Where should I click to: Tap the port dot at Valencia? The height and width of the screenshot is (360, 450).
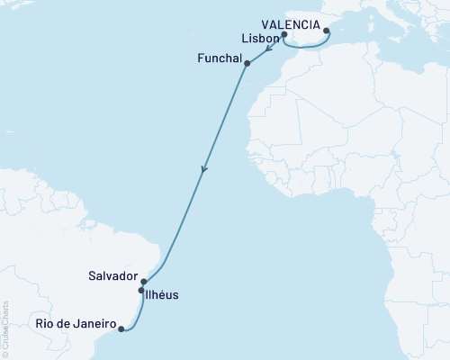coord(327,31)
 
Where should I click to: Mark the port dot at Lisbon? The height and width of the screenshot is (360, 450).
coord(284,35)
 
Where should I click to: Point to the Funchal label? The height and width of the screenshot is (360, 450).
coord(220,58)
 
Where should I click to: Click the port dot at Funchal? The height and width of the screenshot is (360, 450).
coord(247,63)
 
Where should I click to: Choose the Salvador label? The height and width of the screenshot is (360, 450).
coord(113,275)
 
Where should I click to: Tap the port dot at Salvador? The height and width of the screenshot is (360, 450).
coord(144,282)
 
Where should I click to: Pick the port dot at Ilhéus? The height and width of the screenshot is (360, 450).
coord(141,291)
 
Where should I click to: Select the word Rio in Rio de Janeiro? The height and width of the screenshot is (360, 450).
coord(46,323)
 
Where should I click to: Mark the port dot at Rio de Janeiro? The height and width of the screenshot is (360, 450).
coord(121,329)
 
